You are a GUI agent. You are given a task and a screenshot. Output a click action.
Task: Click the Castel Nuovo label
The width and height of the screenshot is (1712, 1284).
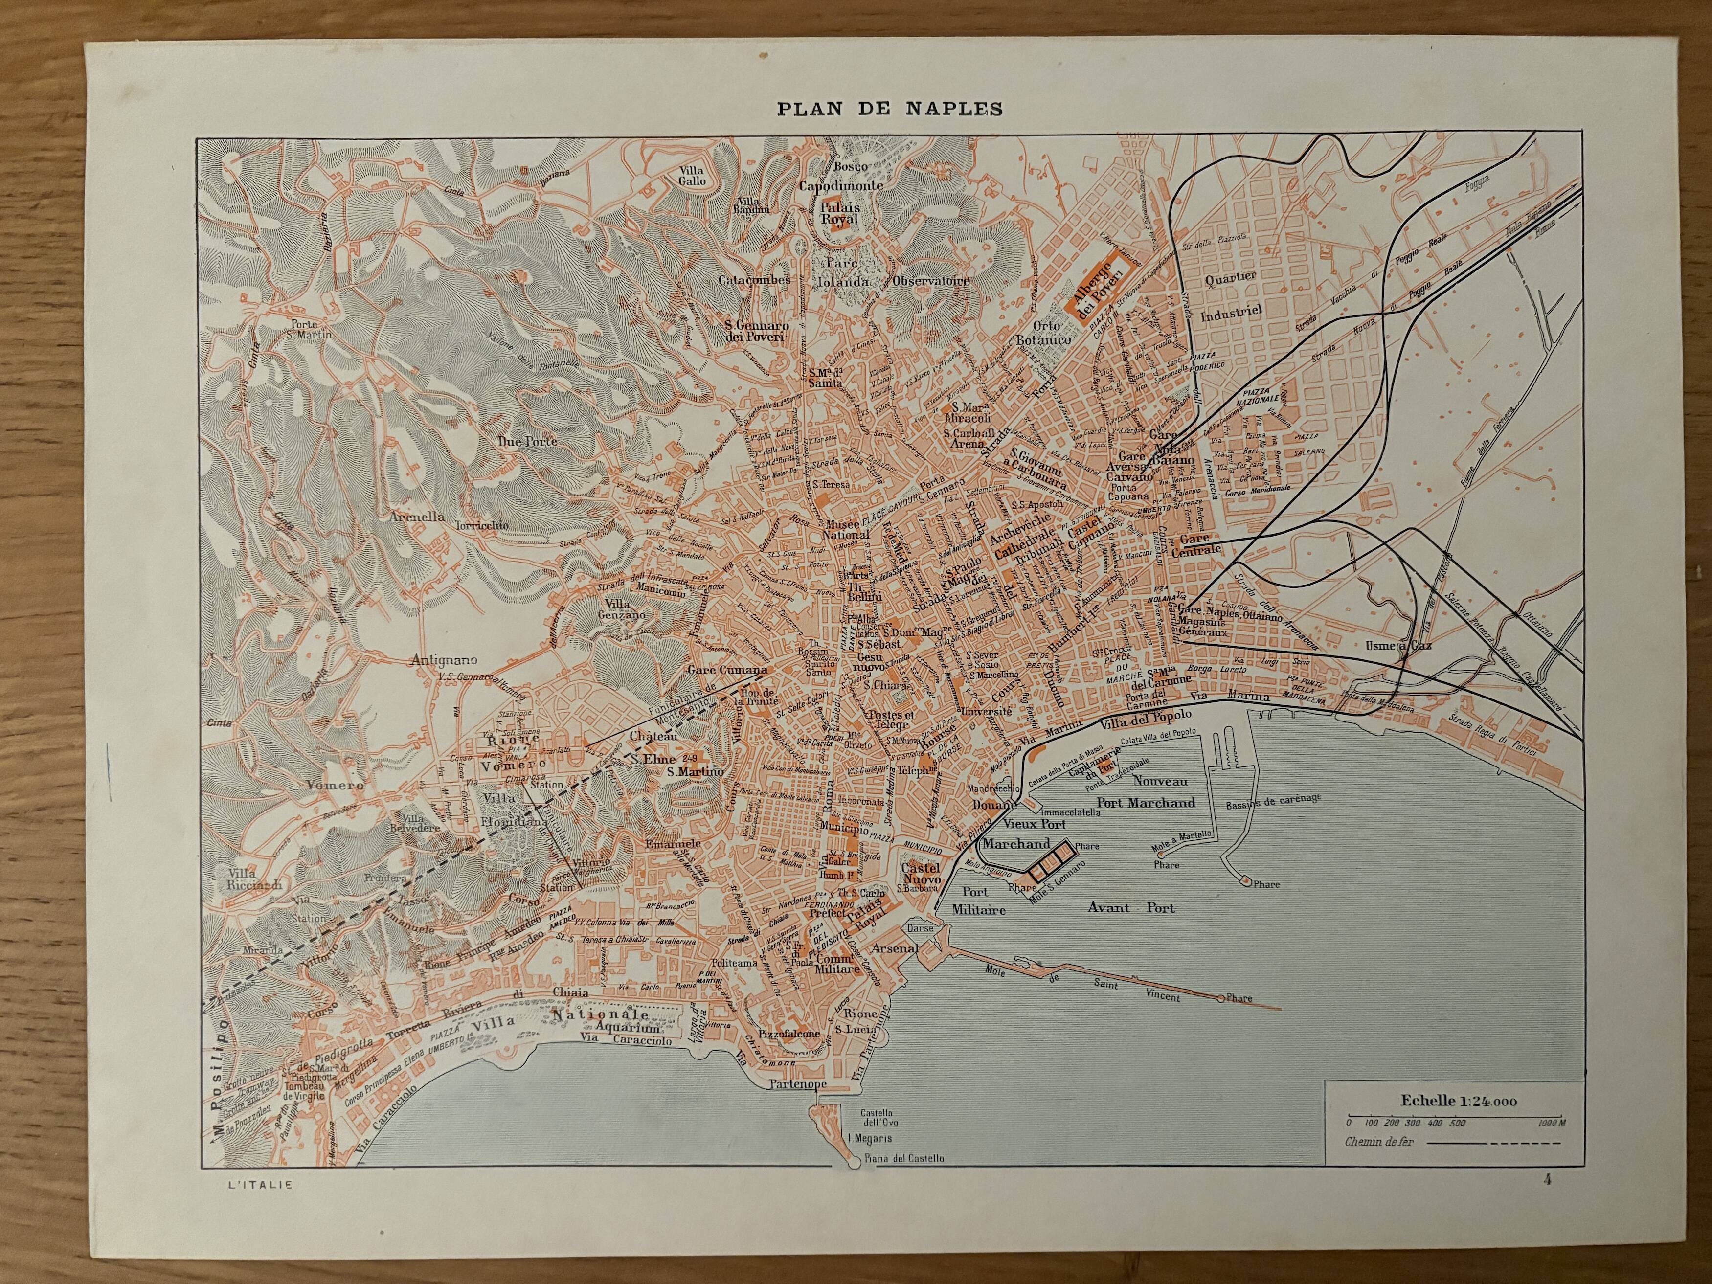click(921, 874)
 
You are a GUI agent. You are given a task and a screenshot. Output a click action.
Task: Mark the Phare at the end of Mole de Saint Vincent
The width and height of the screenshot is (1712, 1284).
click(1239, 998)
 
